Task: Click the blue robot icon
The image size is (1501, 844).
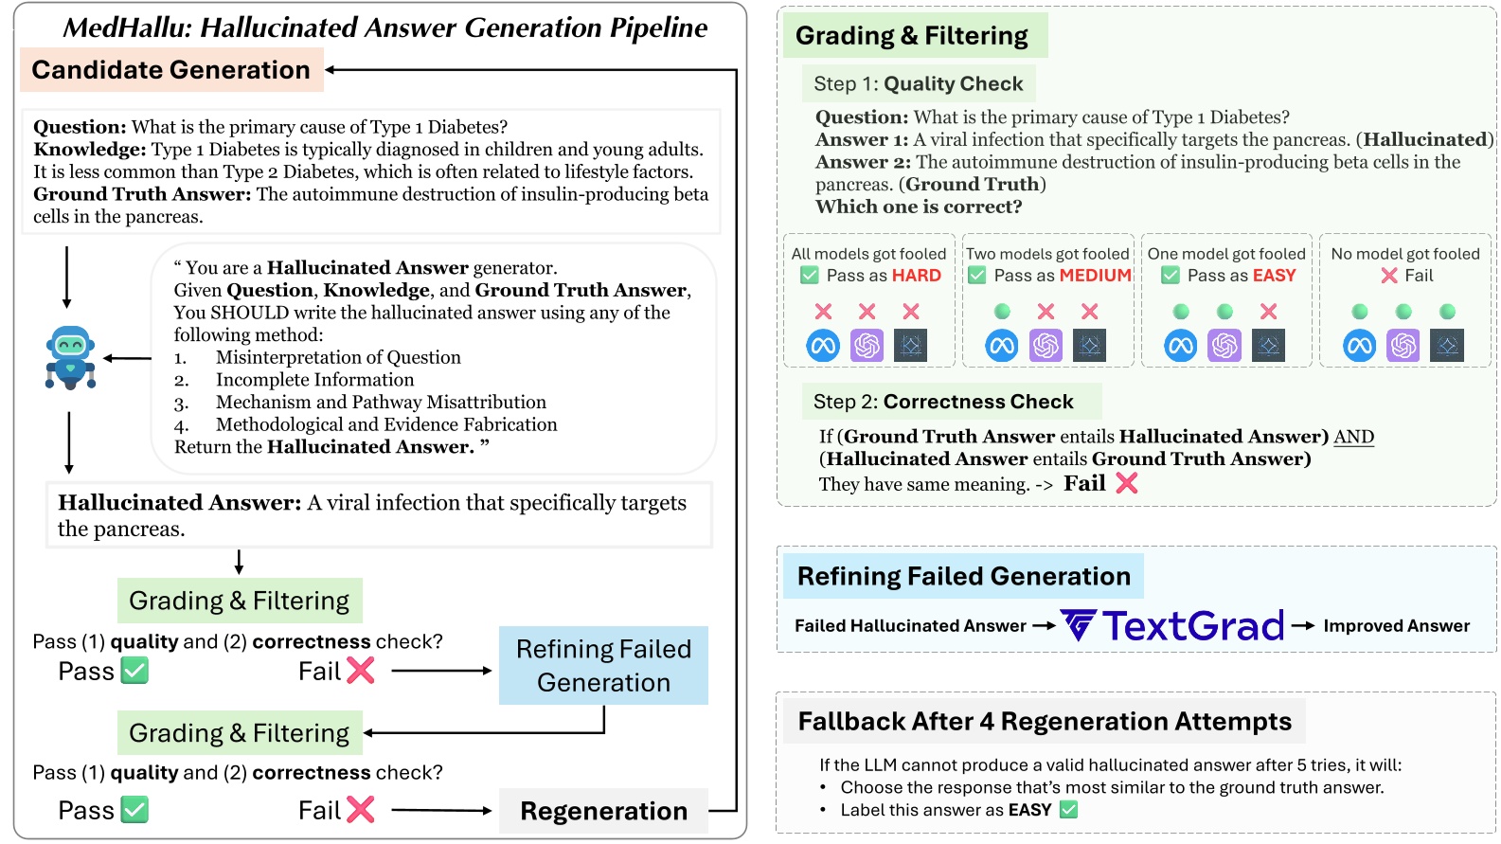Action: click(x=70, y=358)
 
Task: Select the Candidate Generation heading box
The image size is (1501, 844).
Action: click(x=171, y=70)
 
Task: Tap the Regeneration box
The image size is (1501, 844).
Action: click(x=603, y=811)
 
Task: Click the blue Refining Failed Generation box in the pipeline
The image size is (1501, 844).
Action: click(x=603, y=665)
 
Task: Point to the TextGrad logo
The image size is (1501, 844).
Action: click(x=1172, y=626)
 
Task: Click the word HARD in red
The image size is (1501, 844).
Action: click(x=916, y=276)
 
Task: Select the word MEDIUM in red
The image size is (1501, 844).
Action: click(x=1096, y=276)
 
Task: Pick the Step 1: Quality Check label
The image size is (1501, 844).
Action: click(x=918, y=83)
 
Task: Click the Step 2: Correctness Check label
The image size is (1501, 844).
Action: click(x=943, y=402)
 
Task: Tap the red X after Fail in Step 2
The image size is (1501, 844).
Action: click(x=1126, y=484)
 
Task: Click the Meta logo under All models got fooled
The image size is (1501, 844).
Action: click(x=823, y=346)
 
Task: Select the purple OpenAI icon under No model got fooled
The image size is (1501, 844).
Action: click(x=1403, y=346)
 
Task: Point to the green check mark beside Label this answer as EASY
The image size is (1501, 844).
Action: click(x=1069, y=810)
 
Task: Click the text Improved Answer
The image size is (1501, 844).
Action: click(x=1396, y=626)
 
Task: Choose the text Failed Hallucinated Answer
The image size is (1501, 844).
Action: click(x=910, y=626)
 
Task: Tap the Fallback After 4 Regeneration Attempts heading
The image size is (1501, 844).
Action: click(x=1044, y=722)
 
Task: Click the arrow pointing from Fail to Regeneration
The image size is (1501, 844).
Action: click(x=441, y=811)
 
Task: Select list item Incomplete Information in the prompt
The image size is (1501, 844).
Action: click(x=314, y=380)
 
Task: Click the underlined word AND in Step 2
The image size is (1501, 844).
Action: click(x=1353, y=437)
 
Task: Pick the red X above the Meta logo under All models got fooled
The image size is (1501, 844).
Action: click(x=823, y=312)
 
